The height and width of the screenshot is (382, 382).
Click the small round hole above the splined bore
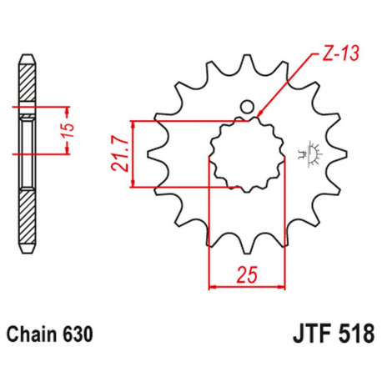pos(246,107)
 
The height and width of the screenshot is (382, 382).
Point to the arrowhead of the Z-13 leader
pos(259,115)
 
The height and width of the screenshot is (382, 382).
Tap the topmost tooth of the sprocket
pos(246,64)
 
